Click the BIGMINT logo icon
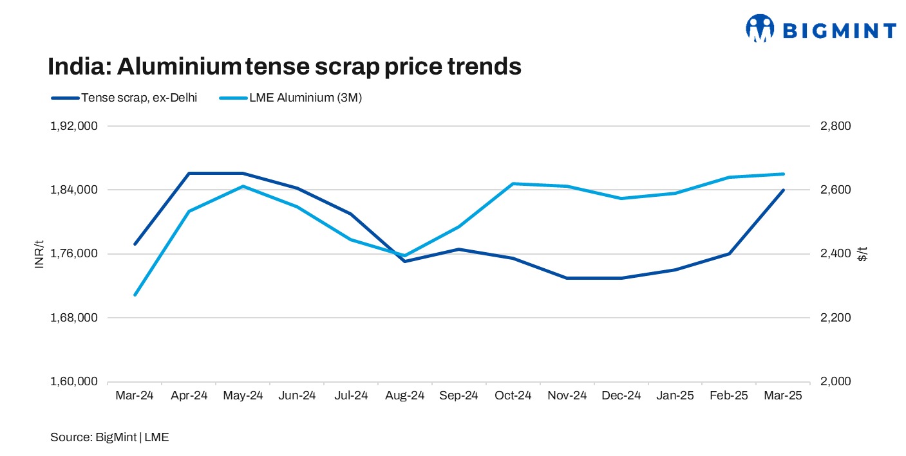760,29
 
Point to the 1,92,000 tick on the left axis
73,126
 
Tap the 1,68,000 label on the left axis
73,318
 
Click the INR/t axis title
39,254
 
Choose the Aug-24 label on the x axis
405,396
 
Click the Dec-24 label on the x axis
621,396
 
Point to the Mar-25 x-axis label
783,396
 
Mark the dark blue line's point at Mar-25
783,190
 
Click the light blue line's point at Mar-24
135,295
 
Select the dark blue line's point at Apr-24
189,173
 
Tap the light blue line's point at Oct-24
513,183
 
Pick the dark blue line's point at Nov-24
567,278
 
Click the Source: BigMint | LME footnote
109,437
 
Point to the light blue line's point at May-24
243,187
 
